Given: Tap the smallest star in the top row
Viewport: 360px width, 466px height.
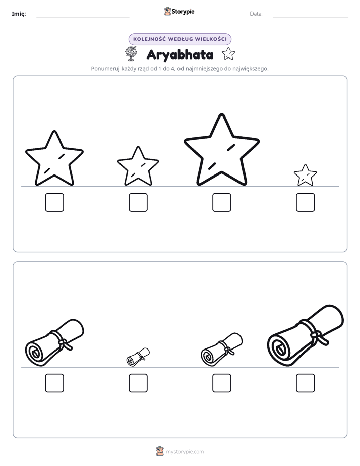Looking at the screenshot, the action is (x=305, y=176).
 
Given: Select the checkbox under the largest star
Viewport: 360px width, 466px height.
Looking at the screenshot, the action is (x=221, y=202).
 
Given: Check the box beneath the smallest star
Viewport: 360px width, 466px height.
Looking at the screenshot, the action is (x=306, y=202).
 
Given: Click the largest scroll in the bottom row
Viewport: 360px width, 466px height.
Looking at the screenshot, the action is (x=306, y=336).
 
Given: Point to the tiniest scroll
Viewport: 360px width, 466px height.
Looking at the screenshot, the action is (x=138, y=357).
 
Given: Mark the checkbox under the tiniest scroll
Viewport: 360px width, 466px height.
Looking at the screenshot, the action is (x=138, y=383).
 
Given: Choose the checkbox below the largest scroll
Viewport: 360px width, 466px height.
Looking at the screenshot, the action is (x=306, y=383).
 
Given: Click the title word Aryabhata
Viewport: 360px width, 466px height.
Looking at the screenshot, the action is (x=180, y=55).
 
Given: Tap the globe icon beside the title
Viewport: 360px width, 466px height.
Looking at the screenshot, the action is (x=131, y=53).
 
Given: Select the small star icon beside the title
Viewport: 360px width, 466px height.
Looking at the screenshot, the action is (x=228, y=54).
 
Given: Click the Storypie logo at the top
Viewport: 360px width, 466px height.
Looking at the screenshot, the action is (x=179, y=11).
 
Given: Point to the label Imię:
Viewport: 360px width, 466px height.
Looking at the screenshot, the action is (x=19, y=14).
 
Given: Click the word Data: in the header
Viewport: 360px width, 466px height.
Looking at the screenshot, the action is (x=256, y=14).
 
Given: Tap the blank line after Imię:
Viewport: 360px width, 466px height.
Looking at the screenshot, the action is (x=83, y=17).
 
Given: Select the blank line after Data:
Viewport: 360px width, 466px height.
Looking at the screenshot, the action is (x=311, y=17).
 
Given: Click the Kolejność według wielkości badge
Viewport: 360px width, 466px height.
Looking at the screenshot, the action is (x=180, y=39).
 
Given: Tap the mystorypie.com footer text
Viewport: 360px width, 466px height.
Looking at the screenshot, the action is (x=185, y=452).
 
